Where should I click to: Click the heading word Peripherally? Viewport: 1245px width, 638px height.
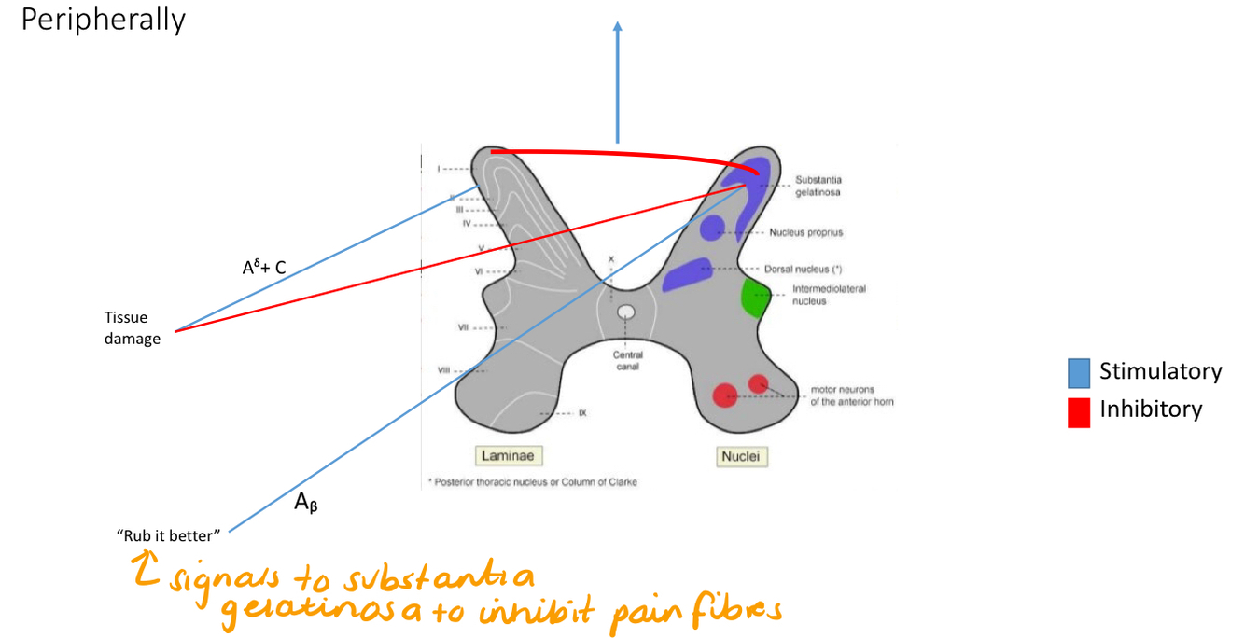coord(103,20)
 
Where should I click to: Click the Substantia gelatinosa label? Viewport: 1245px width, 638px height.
coord(818,186)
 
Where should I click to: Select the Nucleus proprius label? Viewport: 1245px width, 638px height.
coord(806,232)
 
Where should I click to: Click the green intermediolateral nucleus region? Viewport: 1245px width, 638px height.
coord(755,297)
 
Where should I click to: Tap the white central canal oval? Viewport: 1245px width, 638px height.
coord(626,312)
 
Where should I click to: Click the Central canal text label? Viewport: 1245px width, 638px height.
coord(627,360)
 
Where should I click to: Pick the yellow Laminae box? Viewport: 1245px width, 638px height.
coord(509,456)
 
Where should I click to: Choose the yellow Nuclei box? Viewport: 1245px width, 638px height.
coord(742,456)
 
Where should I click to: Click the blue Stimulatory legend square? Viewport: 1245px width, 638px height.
coord(1079,373)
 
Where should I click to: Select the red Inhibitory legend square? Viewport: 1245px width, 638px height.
coord(1079,411)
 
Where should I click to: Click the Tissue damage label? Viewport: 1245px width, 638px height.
coord(133,328)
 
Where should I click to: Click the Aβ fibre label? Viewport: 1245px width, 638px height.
coord(306,504)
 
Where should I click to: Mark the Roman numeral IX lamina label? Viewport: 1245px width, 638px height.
coord(581,412)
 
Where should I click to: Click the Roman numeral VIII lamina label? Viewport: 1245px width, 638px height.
coord(444,370)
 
